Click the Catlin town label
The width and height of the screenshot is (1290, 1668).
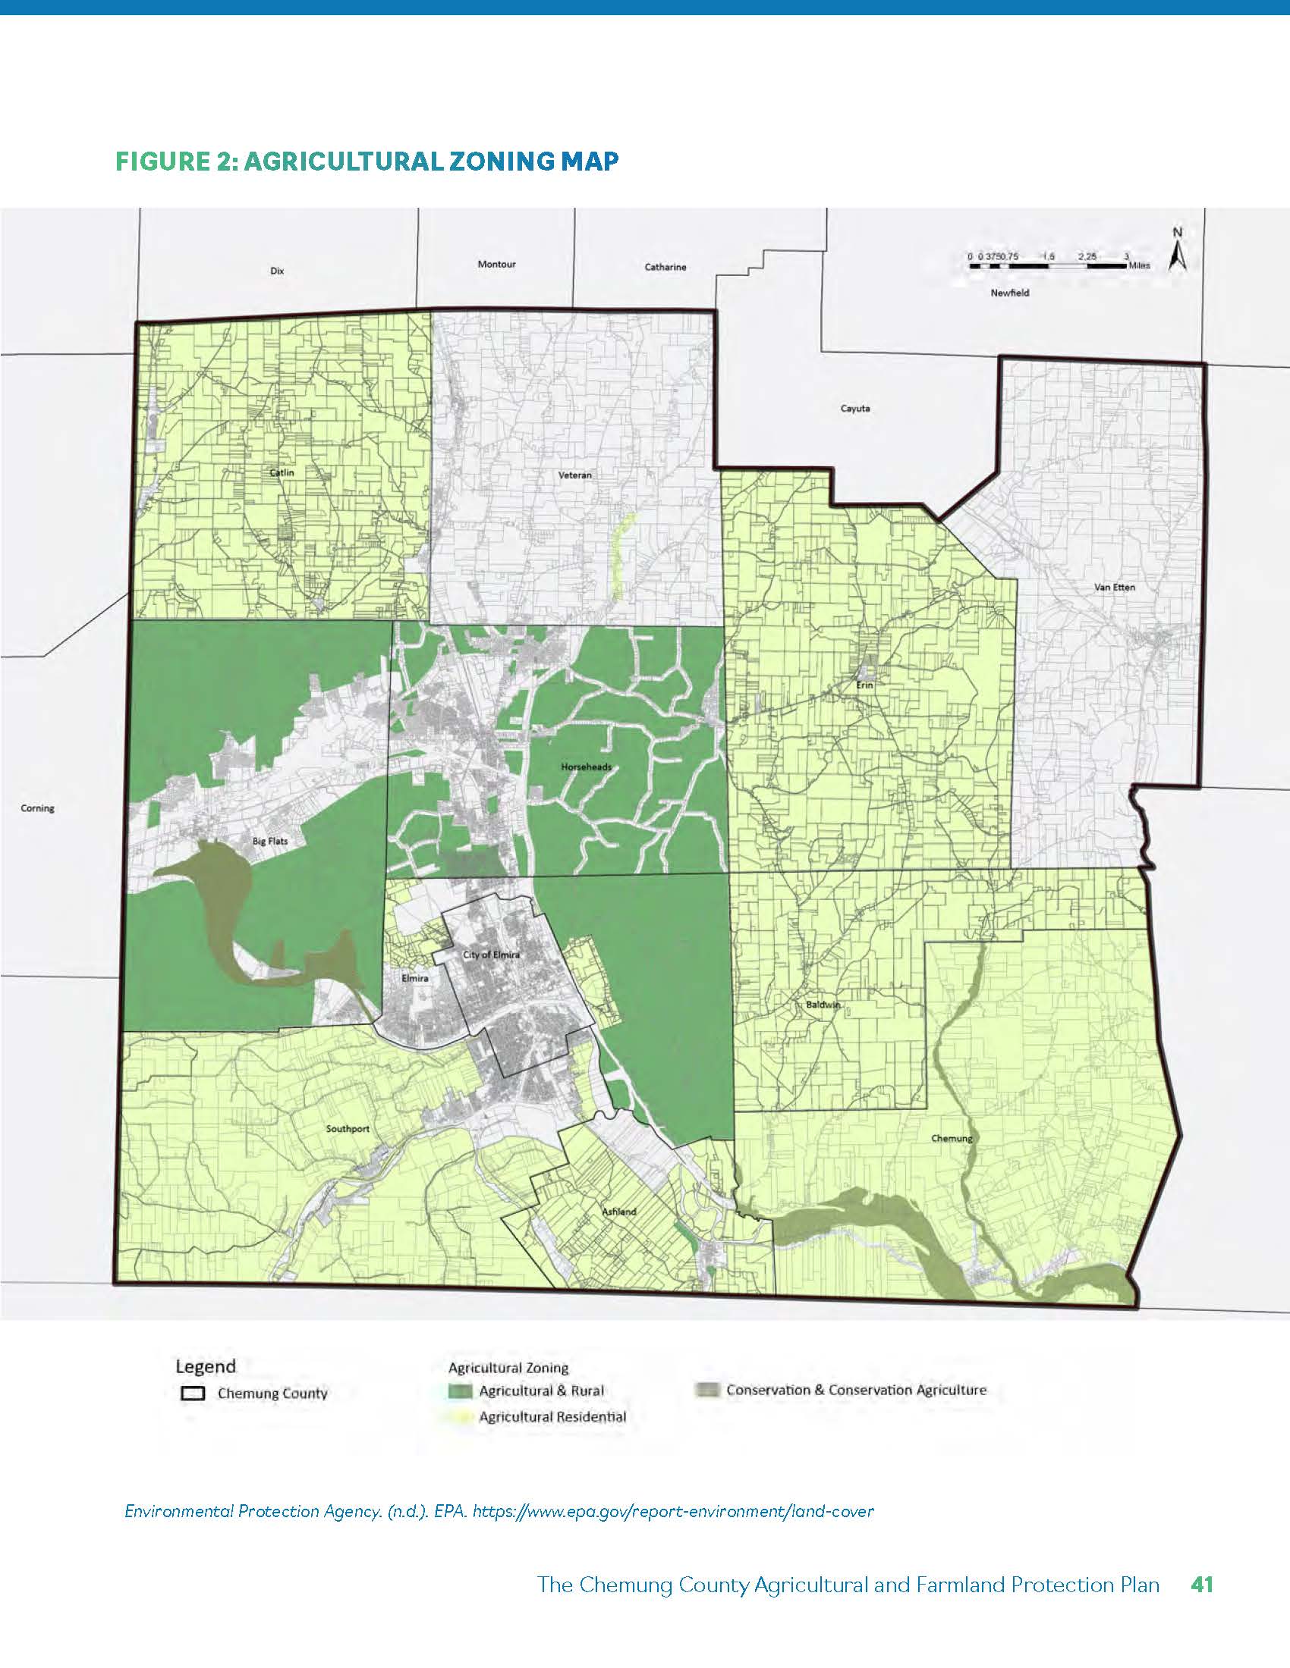(x=282, y=473)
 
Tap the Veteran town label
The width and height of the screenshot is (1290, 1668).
(x=574, y=475)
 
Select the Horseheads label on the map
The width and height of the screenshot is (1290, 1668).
(x=586, y=767)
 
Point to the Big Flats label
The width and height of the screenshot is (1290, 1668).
(x=270, y=842)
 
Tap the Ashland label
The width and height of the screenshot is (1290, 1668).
(x=619, y=1212)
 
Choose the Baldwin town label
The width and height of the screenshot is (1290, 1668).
(x=823, y=1005)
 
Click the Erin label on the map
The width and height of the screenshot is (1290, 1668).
(x=864, y=685)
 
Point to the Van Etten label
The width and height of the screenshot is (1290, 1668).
(x=1114, y=588)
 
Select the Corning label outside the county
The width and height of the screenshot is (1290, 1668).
(x=37, y=808)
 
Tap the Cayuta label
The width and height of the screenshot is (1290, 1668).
(x=855, y=409)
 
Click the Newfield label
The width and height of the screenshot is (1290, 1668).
(x=1009, y=293)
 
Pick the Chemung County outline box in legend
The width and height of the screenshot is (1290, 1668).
(x=193, y=1393)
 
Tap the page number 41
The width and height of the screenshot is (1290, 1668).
(x=1201, y=1585)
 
